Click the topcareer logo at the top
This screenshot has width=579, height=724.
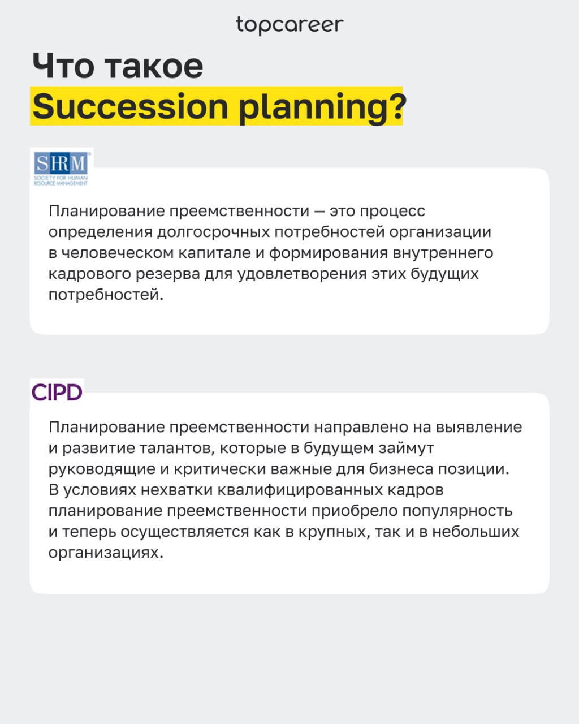click(x=289, y=25)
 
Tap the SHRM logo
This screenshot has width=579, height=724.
click(x=61, y=168)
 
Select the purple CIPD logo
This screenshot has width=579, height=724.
click(x=57, y=392)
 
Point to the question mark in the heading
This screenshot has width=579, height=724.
click(x=395, y=106)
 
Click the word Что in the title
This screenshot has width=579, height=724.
click(x=63, y=66)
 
